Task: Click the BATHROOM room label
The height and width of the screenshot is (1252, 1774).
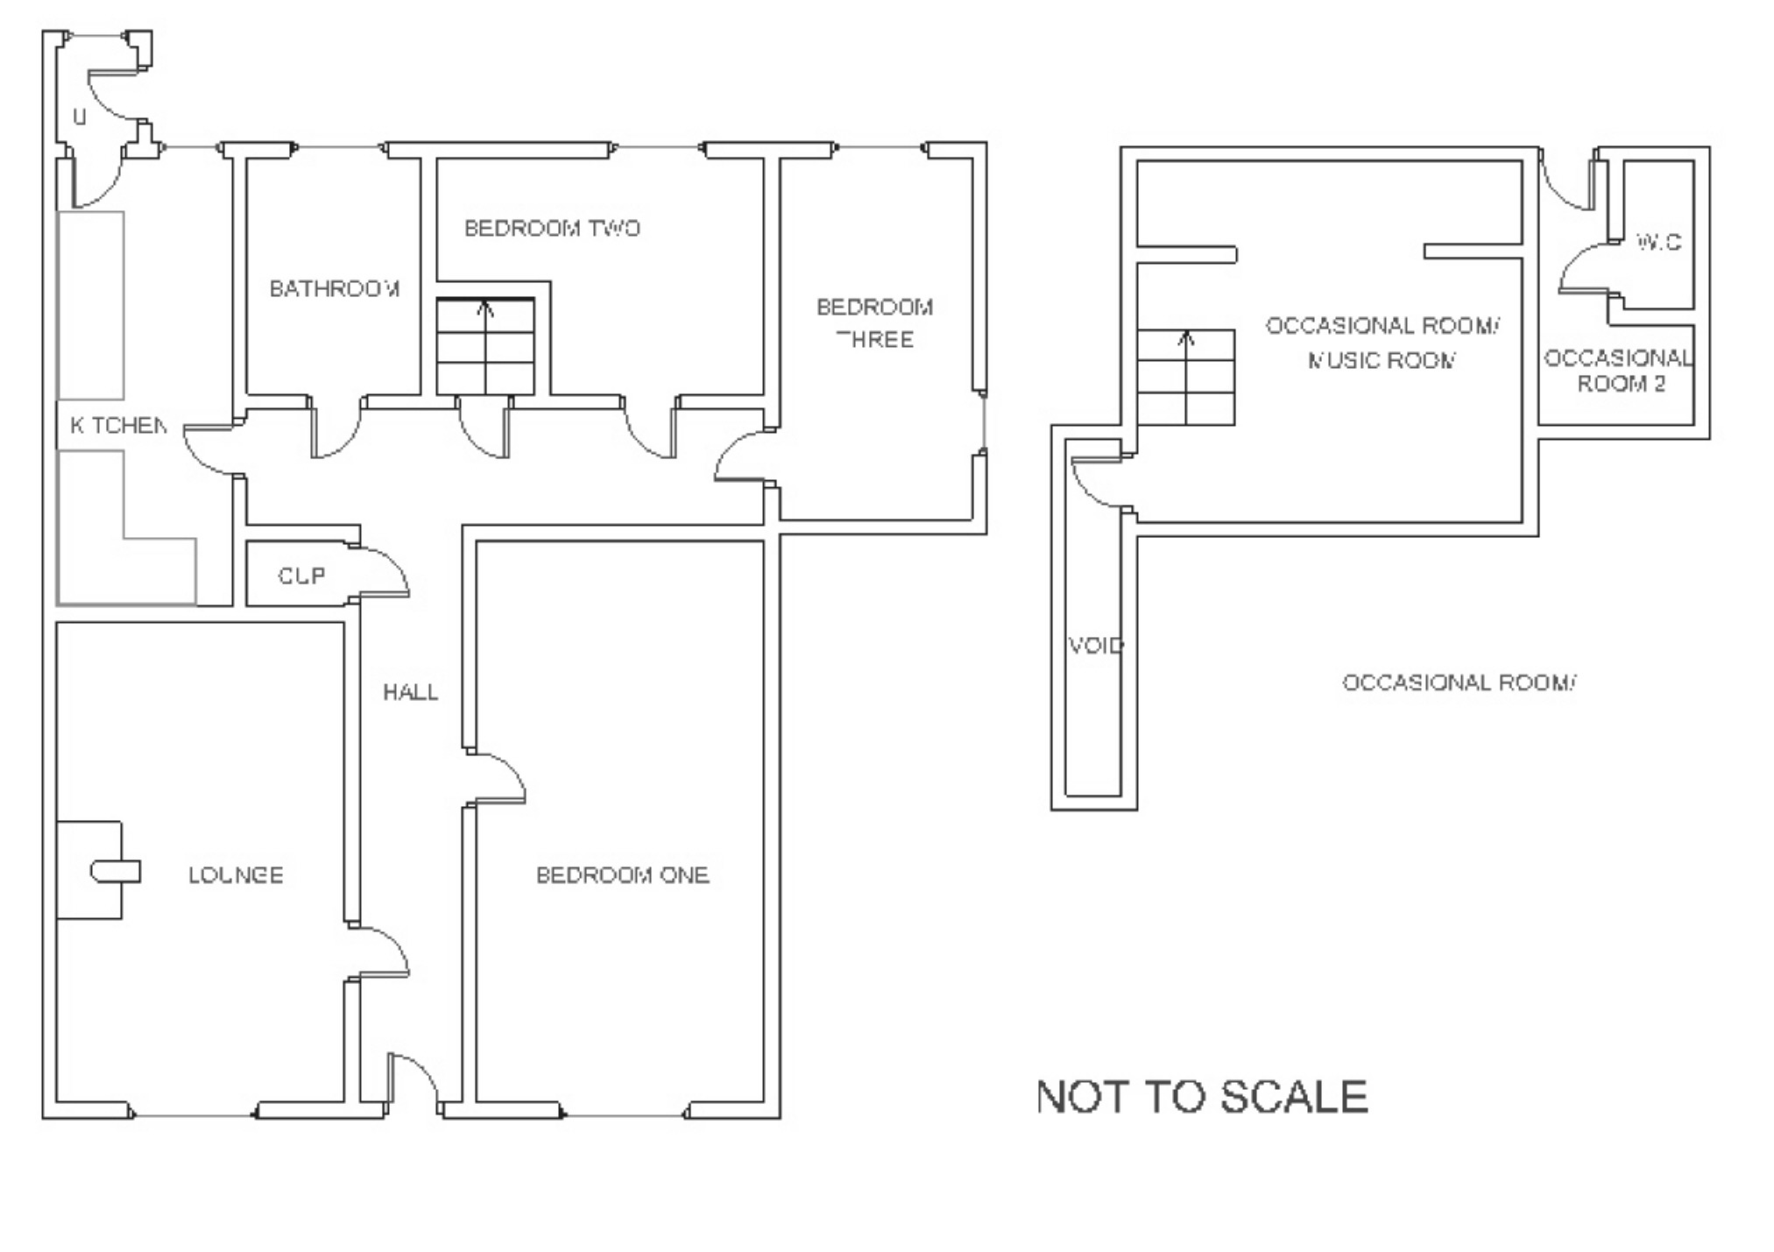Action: (x=335, y=288)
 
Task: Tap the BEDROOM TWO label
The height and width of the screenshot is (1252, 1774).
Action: (x=552, y=228)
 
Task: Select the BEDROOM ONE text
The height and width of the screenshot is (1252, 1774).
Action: (x=622, y=874)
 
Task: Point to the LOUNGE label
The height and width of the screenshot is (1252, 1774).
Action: (x=236, y=874)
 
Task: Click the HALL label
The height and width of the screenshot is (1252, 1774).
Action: (x=410, y=692)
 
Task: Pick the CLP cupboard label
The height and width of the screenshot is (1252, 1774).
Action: (x=301, y=576)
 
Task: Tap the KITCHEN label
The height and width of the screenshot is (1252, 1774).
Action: (x=118, y=426)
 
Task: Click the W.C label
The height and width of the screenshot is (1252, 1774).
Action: (x=1658, y=242)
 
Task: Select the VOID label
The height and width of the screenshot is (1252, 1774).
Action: (x=1095, y=646)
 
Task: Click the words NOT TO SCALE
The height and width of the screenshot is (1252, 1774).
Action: (x=1202, y=1096)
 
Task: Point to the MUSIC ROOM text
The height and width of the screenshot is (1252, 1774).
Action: (x=1382, y=360)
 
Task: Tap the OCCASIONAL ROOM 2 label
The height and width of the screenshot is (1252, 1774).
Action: (x=1618, y=371)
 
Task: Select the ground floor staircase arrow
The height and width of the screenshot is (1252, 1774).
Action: (x=486, y=308)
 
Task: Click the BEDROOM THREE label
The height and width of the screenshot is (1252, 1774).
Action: (x=874, y=322)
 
